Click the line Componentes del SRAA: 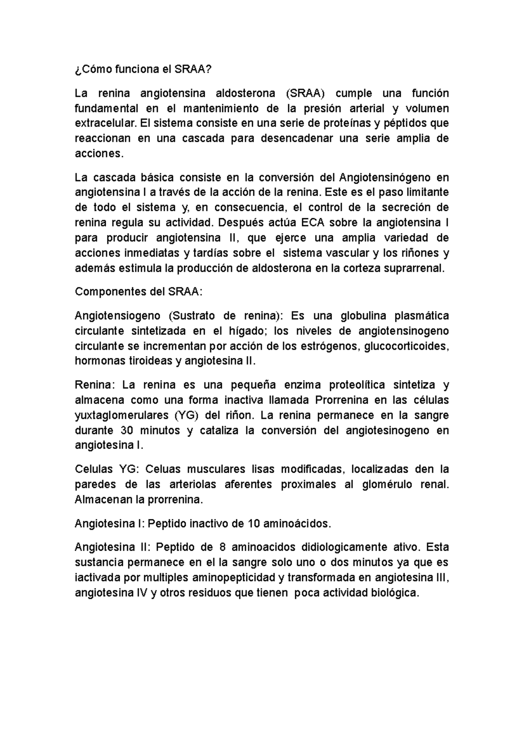click(x=139, y=292)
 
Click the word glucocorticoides click(x=406, y=346)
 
